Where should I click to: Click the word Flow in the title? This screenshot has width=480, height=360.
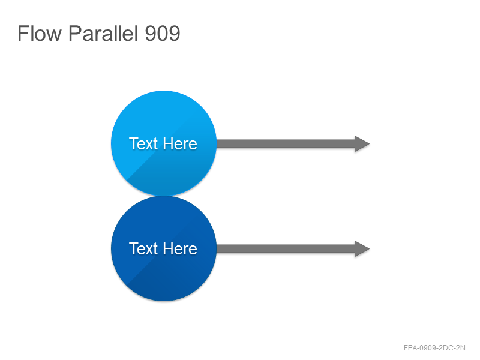tap(40, 33)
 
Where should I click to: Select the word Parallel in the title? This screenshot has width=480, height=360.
tap(103, 33)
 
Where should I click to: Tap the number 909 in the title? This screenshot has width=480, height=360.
tap(162, 34)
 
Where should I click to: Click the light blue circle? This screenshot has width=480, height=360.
tap(164, 143)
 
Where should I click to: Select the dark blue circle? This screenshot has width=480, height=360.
tap(164, 248)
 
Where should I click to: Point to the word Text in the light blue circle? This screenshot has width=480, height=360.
tap(143, 143)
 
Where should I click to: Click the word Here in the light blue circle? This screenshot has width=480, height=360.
tap(180, 143)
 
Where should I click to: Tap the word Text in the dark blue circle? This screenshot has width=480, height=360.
tap(143, 248)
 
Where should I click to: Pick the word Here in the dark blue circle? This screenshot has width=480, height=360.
tap(180, 248)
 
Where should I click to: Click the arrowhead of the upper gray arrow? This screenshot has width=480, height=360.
tap(362, 143)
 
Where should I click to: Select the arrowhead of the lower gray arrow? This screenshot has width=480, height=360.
tap(362, 249)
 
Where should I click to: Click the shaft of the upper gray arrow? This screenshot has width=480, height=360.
tap(286, 143)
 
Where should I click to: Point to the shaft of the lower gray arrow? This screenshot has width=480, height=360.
tap(286, 249)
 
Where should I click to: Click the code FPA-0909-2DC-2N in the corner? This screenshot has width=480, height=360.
tap(434, 348)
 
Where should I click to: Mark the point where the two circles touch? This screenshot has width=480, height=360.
tap(164, 196)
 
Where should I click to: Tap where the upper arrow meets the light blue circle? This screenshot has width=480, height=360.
tap(217, 143)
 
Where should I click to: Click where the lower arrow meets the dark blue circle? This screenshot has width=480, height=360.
tap(217, 249)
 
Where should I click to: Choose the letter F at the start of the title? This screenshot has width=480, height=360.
tap(22, 33)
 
